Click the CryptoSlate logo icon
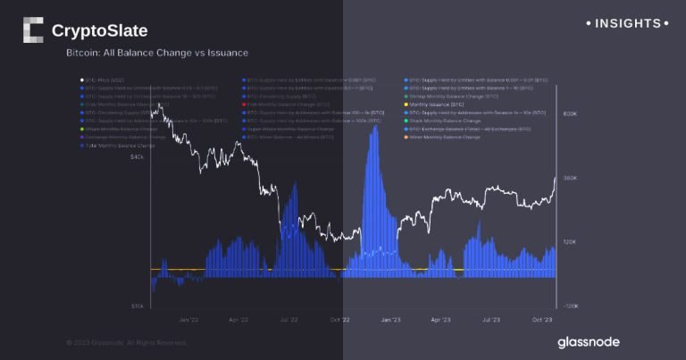pos(32,29)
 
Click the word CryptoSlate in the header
pos(99,31)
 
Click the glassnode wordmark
pos(588,342)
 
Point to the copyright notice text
pos(126,342)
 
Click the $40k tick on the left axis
pos(138,157)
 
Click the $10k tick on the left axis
pos(138,306)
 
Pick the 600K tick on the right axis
pos(570,114)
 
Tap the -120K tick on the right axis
pos(570,306)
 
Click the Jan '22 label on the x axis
pos(188,319)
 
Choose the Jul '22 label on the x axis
pos(289,319)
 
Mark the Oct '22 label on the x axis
pos(339,319)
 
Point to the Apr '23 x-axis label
pos(440,319)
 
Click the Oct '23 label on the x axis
pos(541,319)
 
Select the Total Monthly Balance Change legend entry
pos(118,145)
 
